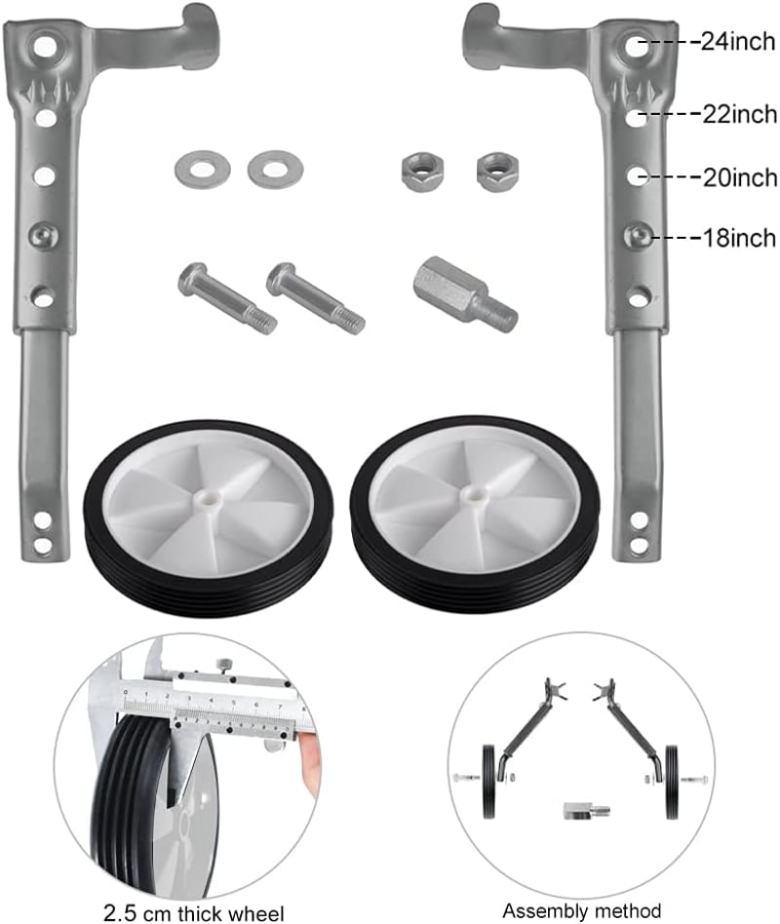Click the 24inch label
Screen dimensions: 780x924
pyautogui.click(x=737, y=42)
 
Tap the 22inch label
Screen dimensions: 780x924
pyautogui.click(x=739, y=114)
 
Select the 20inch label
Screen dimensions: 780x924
pyautogui.click(x=740, y=177)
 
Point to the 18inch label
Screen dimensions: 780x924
pyautogui.click(x=739, y=238)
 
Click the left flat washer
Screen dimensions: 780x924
pyautogui.click(x=202, y=170)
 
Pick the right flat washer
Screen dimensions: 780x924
pyautogui.click(x=275, y=170)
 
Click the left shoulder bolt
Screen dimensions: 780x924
pyautogui.click(x=227, y=297)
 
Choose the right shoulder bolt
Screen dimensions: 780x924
pyautogui.click(x=316, y=297)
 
